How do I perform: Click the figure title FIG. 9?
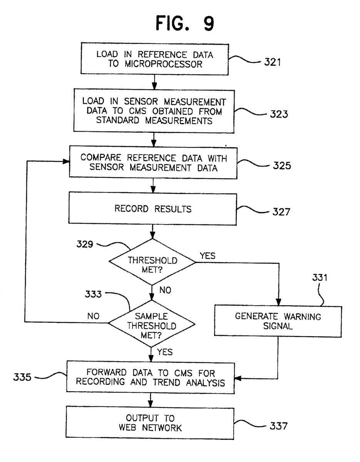(x=184, y=24)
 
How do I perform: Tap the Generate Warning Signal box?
(x=278, y=321)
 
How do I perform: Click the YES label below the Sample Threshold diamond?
(x=165, y=352)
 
